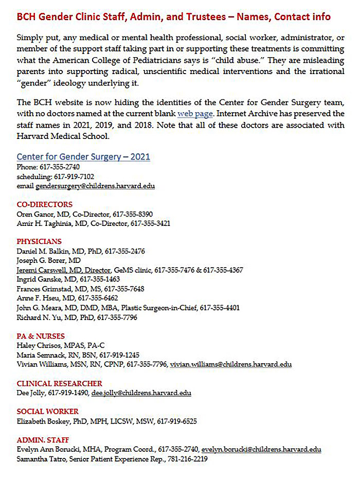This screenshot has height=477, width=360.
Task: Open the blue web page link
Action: [193, 113]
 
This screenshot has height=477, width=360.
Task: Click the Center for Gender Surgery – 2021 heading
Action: [83, 156]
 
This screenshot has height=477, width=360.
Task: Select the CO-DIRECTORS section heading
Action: [45, 204]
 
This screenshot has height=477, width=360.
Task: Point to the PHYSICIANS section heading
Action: [39, 241]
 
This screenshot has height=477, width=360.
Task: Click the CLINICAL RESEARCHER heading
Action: [60, 383]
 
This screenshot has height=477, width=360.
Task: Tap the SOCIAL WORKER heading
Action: [48, 411]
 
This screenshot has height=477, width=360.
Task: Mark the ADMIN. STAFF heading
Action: [41, 440]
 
